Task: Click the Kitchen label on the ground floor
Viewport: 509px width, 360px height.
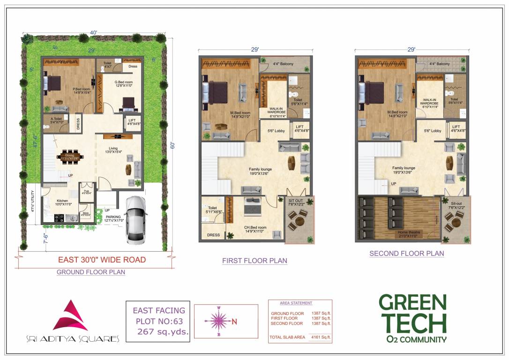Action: tap(63, 202)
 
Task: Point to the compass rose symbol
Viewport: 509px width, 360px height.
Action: tap(218, 321)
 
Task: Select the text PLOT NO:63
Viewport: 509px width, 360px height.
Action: tap(159, 321)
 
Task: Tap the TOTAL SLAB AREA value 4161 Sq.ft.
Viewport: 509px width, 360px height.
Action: tap(321, 337)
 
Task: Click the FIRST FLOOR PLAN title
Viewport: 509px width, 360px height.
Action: tap(254, 261)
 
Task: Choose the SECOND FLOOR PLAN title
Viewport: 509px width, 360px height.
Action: tap(406, 254)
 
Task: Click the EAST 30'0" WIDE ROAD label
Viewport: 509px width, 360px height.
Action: tap(102, 260)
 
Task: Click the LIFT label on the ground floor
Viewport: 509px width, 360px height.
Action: tap(132, 122)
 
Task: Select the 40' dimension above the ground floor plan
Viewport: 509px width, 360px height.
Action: tap(94, 32)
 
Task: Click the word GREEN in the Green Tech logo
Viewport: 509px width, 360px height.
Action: tap(412, 303)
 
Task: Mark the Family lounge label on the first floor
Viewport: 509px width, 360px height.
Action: tap(260, 169)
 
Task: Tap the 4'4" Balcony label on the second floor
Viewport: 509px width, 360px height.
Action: tap(439, 64)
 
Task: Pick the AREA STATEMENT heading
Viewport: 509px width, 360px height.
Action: tap(296, 303)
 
